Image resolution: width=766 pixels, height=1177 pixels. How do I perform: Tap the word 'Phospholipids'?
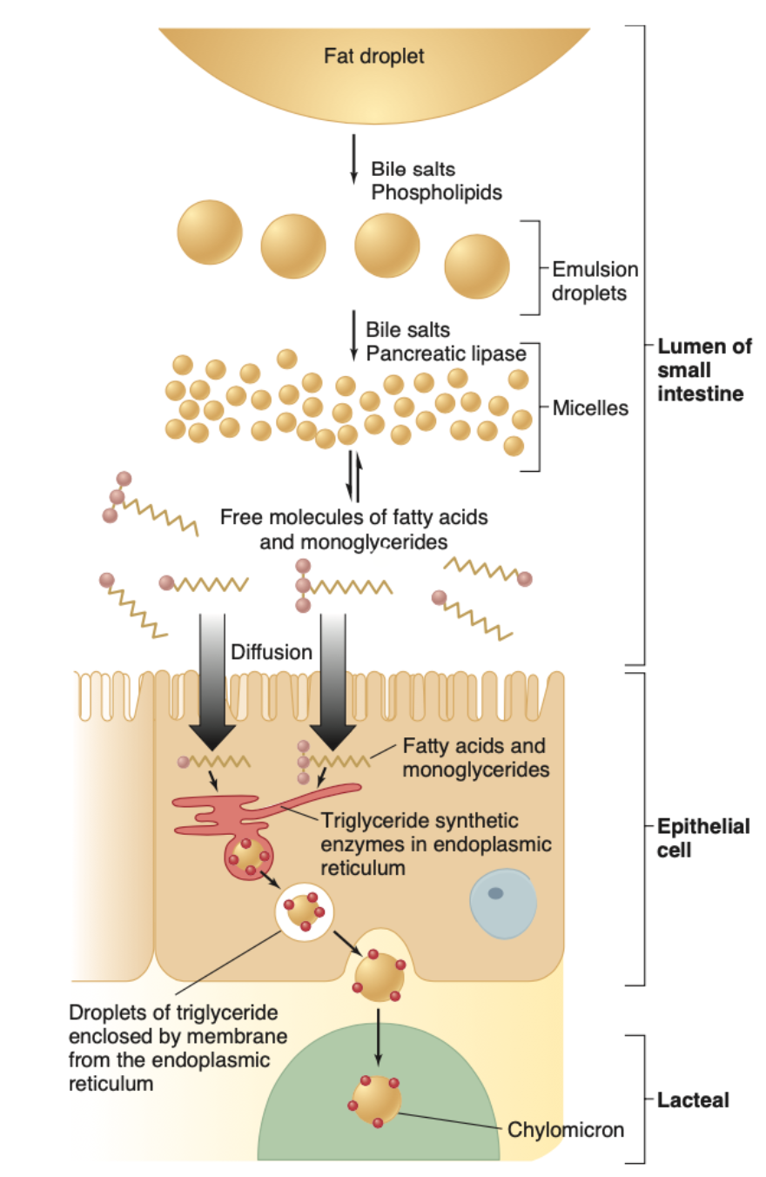pyautogui.click(x=436, y=192)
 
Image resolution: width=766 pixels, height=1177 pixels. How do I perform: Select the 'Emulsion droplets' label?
pyautogui.click(x=595, y=281)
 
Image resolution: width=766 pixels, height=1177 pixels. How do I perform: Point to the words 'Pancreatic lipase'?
pyautogui.click(x=447, y=353)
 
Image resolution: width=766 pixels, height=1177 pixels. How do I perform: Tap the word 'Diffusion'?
pyautogui.click(x=272, y=651)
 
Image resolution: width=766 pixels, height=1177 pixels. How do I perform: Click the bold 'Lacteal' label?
pyautogui.click(x=693, y=1100)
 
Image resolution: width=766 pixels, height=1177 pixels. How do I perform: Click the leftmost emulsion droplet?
pyautogui.click(x=210, y=232)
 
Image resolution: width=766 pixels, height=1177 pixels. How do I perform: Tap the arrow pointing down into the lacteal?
pyautogui.click(x=378, y=1036)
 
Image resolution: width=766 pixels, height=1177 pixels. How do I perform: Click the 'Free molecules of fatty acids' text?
pyautogui.click(x=353, y=516)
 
